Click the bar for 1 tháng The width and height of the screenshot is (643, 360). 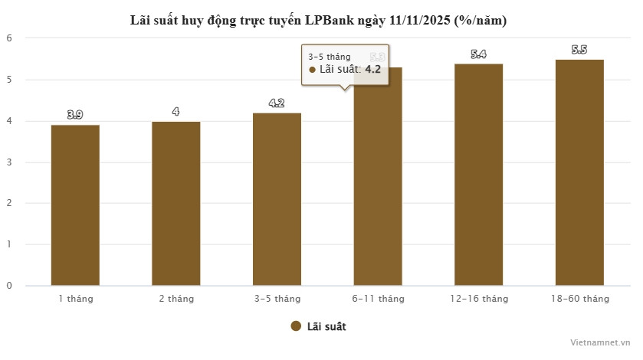click(75, 205)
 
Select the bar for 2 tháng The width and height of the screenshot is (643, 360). click(176, 203)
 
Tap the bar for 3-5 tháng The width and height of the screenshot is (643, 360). click(277, 199)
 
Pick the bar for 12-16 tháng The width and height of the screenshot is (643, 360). click(478, 174)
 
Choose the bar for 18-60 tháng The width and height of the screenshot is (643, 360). click(579, 172)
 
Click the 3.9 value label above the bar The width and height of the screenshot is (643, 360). click(75, 115)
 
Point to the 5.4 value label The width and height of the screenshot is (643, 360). click(478, 54)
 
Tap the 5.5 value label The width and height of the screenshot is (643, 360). click(579, 50)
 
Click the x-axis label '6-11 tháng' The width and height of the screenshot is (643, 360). click(378, 299)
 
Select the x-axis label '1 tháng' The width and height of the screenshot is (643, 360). click(75, 299)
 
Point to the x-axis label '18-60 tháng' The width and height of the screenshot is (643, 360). click(579, 299)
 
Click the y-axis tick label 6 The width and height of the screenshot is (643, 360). click(9, 38)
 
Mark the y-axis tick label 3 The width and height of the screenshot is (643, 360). click(9, 162)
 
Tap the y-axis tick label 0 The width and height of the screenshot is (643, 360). click(9, 286)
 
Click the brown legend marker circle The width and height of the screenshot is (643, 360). click(296, 326)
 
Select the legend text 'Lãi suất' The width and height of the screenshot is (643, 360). click(326, 326)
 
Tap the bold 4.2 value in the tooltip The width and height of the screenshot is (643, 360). click(372, 69)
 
